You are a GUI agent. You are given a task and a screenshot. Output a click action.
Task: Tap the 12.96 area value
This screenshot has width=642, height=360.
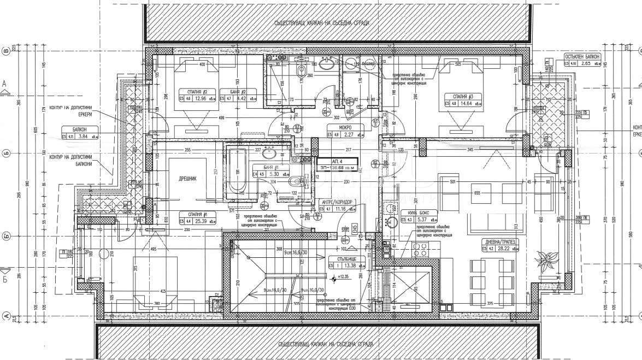pos(201,99)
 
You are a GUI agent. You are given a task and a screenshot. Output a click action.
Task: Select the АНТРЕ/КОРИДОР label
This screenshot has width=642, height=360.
pos(337,202)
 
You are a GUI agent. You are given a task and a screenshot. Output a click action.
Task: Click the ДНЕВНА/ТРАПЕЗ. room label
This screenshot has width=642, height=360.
pos(500,241)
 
